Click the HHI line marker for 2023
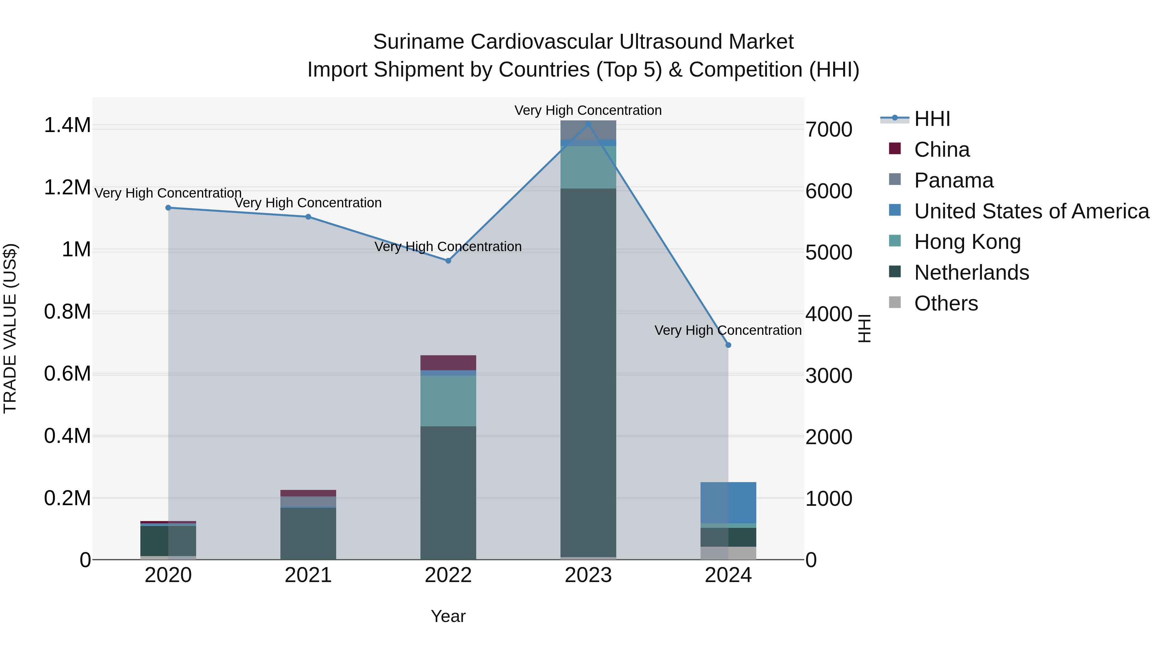tap(588, 124)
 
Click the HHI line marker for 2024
tap(728, 345)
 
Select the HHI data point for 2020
tap(168, 208)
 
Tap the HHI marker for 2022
tap(448, 261)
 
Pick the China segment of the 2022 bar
tap(448, 363)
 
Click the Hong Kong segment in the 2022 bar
tap(448, 401)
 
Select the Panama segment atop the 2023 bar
tap(588, 130)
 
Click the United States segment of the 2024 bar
tap(728, 502)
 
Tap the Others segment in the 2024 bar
tap(728, 553)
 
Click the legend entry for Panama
tap(953, 180)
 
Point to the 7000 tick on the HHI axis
tap(829, 130)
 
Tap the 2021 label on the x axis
tap(308, 575)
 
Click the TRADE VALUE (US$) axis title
tap(10, 328)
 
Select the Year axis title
tap(448, 616)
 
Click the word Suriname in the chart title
tap(418, 42)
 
